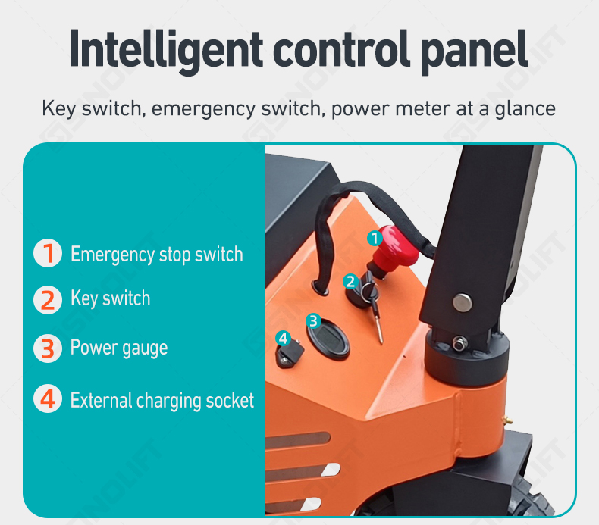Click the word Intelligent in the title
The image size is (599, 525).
(x=166, y=51)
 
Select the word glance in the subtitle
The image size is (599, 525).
(x=525, y=109)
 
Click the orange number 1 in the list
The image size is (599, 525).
(x=48, y=253)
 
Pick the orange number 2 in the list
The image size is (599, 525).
(x=48, y=301)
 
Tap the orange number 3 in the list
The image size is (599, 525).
(x=48, y=348)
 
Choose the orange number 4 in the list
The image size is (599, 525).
(x=48, y=398)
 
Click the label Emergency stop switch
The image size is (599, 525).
(x=157, y=255)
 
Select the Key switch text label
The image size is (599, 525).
(x=111, y=298)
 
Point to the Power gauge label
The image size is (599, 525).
(x=119, y=348)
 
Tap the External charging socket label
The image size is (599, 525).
(x=162, y=401)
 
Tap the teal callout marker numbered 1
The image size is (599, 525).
(x=375, y=238)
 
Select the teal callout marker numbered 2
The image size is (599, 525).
(x=350, y=282)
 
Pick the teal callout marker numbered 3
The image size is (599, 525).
(x=313, y=321)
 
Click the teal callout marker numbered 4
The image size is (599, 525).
(x=283, y=338)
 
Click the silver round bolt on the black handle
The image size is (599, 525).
(x=463, y=302)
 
